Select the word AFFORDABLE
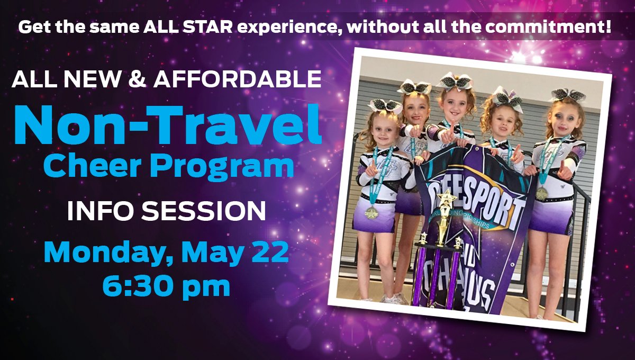coord(238,79)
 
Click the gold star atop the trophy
coord(446,199)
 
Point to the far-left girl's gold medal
coord(372,213)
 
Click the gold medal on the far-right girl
coord(541,194)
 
